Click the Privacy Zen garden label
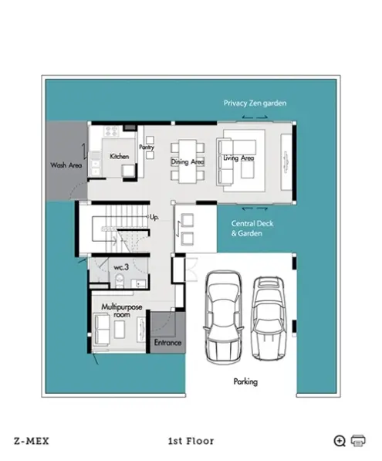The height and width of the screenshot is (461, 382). (255, 103)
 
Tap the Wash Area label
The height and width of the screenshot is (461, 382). (66, 165)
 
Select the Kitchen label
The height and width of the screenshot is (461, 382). (120, 157)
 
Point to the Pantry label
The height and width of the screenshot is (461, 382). (147, 147)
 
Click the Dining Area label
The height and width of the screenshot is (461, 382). (188, 161)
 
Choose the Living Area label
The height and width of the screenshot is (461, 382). (238, 158)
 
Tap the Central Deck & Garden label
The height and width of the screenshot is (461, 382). (252, 229)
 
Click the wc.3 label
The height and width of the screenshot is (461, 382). (121, 267)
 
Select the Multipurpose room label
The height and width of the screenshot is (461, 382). (122, 310)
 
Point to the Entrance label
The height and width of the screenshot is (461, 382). (167, 343)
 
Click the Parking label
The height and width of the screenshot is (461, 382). (245, 381)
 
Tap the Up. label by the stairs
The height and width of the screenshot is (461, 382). (154, 217)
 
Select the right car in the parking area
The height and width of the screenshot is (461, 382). (269, 318)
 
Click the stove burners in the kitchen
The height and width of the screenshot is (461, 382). (111, 131)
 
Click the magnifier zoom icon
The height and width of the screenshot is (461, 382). (340, 441)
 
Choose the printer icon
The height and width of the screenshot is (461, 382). (358, 441)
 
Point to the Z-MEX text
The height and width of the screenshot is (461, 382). (32, 441)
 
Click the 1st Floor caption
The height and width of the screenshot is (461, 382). (191, 441)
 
